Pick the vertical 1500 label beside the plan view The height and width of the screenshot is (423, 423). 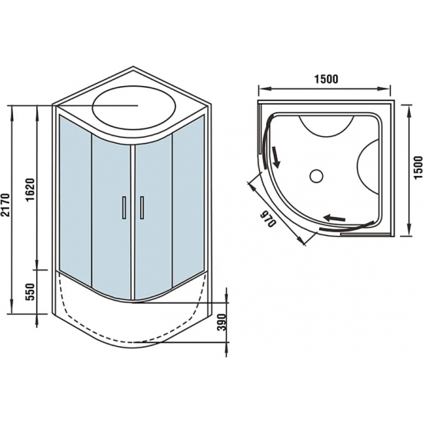(418, 165)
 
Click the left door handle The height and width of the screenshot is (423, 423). (123, 210)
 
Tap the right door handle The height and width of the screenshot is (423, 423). (142, 210)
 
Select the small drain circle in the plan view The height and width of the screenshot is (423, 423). (316, 176)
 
